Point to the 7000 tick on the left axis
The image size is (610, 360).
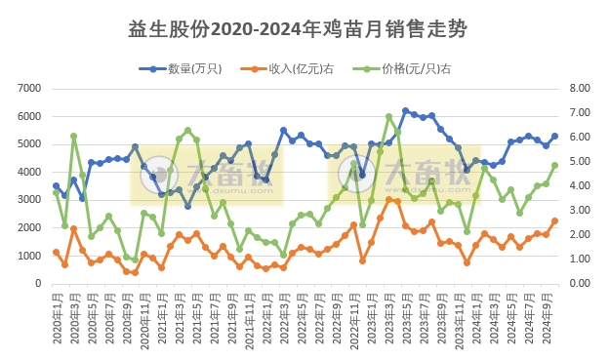pyautogui.click(x=27, y=88)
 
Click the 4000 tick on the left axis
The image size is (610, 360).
pyautogui.click(x=27, y=172)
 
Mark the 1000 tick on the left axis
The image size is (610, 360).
pyautogui.click(x=27, y=256)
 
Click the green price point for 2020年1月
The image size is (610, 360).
pyautogui.click(x=56, y=193)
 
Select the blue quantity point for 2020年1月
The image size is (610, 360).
pyautogui.click(x=56, y=185)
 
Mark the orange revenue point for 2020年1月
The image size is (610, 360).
pyautogui.click(x=56, y=253)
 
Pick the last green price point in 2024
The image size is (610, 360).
pyautogui.click(x=554, y=165)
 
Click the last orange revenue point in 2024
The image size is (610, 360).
pyautogui.click(x=554, y=220)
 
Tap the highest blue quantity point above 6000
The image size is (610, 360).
pyautogui.click(x=405, y=110)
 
